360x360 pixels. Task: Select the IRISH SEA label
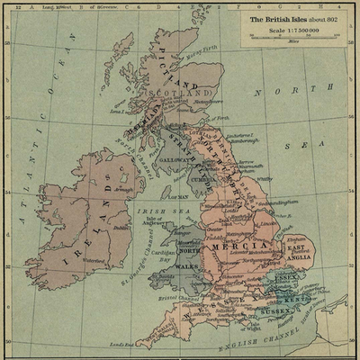click(x=152, y=212)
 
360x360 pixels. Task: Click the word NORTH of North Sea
click(x=282, y=92)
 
